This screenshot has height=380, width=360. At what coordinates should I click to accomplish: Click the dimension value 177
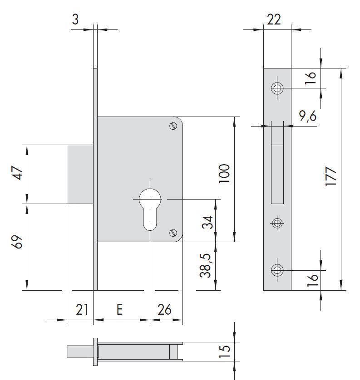(x=331, y=176)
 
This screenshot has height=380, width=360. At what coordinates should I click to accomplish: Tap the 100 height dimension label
(x=224, y=174)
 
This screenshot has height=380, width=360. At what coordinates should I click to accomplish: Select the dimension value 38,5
(x=205, y=265)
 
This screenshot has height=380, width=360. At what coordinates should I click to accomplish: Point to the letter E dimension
(x=119, y=309)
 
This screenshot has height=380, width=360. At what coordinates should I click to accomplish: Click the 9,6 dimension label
(x=308, y=117)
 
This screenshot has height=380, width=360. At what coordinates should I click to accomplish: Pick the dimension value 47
(x=17, y=173)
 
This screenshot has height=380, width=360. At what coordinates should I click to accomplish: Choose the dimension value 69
(x=17, y=242)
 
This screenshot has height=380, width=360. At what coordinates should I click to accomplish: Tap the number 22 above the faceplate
(x=274, y=19)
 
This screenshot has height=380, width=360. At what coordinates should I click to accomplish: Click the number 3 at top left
(x=75, y=19)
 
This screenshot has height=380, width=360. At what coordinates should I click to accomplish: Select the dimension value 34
(x=207, y=222)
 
